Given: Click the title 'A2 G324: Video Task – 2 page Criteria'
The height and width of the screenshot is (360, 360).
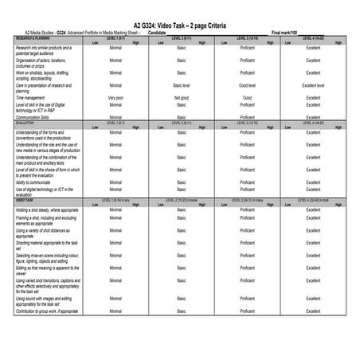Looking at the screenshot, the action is (x=179, y=25).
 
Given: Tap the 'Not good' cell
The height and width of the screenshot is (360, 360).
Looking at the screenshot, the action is (x=182, y=98).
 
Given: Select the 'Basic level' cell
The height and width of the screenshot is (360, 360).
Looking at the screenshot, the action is (x=182, y=84).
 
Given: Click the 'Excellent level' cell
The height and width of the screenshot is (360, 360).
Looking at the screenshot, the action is (x=313, y=84).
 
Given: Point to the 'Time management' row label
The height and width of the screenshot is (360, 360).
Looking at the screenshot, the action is (x=34, y=98).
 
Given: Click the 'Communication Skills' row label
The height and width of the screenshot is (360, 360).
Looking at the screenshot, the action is (x=37, y=117).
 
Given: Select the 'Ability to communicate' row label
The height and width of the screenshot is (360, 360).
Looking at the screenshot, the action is (x=39, y=182).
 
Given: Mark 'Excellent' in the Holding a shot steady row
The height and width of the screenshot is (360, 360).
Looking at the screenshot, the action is (x=313, y=209).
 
